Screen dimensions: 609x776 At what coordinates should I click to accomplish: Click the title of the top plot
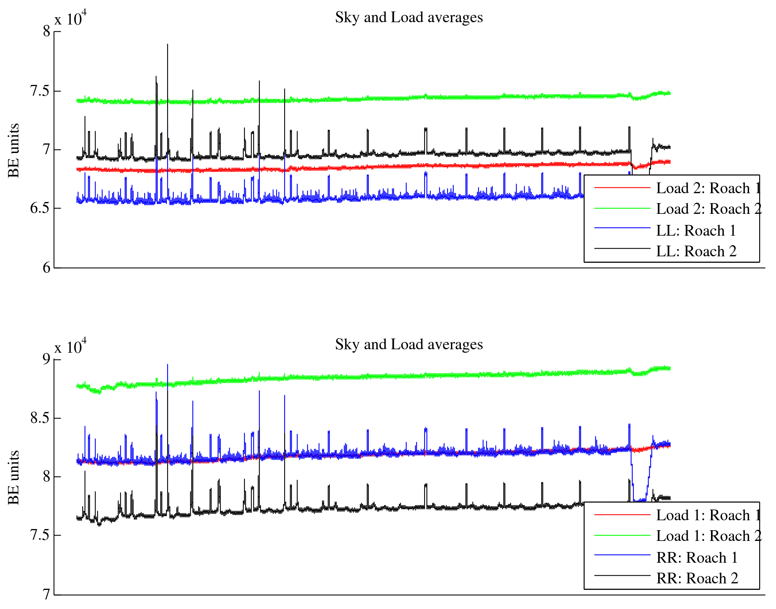point(409,18)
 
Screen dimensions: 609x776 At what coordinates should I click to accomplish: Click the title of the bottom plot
point(409,345)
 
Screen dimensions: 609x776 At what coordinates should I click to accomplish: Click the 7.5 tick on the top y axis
point(40,91)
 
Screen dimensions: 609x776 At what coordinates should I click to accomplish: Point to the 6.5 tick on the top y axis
point(40,208)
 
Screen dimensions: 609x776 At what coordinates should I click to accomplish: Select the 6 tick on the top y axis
point(46,267)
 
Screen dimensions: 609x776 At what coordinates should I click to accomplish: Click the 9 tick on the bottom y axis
point(46,359)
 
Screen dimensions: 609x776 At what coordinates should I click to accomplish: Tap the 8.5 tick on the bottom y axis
point(40,418)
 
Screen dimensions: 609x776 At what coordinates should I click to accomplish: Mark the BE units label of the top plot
point(13,150)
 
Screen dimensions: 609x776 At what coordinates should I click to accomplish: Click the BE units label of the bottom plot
point(13,477)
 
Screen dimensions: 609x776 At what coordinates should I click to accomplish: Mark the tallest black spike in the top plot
point(168,45)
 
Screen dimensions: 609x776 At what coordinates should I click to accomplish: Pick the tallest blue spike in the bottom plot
point(168,365)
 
